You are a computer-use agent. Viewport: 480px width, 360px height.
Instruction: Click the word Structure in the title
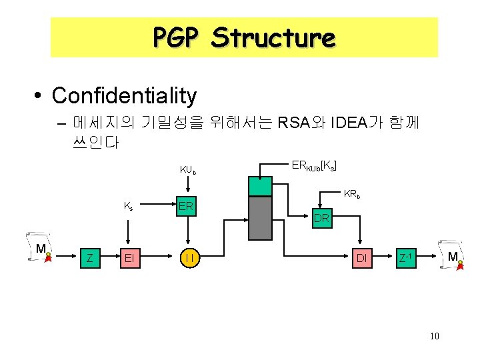[x=273, y=37]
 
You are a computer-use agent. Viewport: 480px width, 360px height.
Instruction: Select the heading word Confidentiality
[x=124, y=95]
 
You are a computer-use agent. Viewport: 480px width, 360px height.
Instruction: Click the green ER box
[x=186, y=206]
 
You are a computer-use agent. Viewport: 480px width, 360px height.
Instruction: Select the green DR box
[x=321, y=217]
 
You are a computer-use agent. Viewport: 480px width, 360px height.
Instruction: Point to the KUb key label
[x=189, y=170]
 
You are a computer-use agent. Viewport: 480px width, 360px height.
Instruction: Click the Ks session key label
[x=128, y=206]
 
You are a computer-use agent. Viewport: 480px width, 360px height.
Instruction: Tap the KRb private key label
[x=352, y=195]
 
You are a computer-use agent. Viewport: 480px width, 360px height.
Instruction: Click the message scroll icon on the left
[x=41, y=249]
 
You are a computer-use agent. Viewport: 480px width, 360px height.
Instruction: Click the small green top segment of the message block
[x=260, y=186]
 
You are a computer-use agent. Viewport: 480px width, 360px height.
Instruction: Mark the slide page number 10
[x=435, y=336]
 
